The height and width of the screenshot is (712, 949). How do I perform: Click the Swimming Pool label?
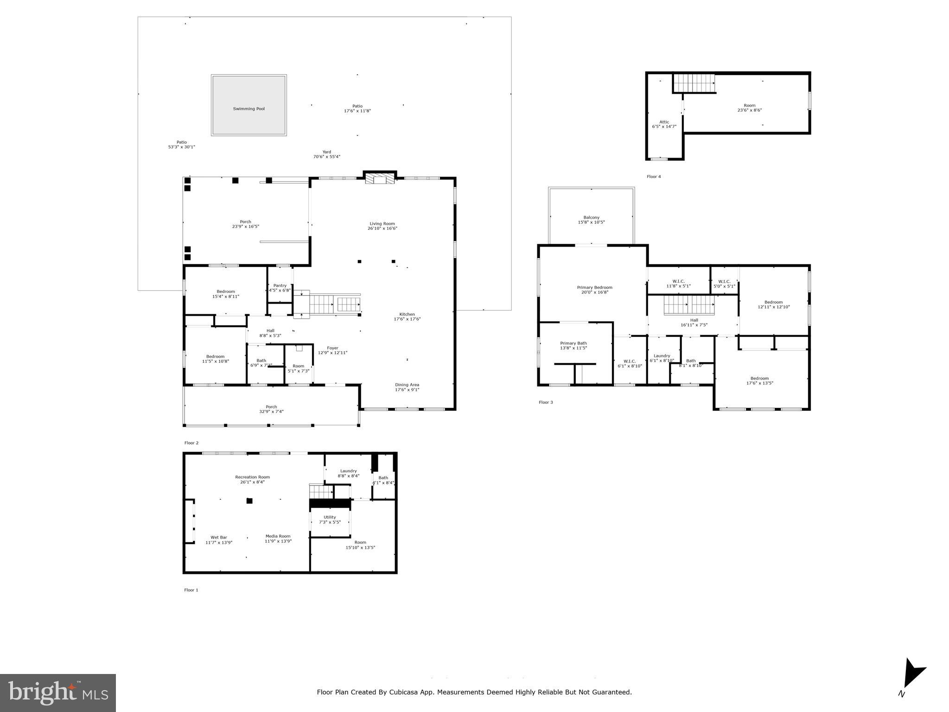248,109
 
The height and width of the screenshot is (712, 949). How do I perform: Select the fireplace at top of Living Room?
380,178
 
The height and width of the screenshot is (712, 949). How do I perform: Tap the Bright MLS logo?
58,693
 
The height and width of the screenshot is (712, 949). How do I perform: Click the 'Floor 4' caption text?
654,177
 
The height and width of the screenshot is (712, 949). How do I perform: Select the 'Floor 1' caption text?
191,590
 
